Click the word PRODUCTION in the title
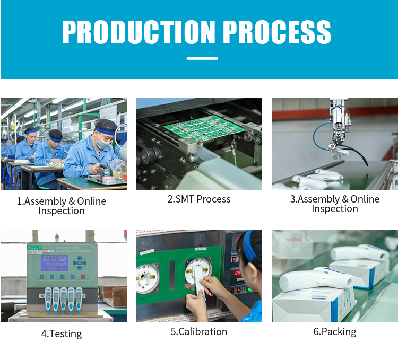[x=139, y=32]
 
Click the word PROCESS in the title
[x=277, y=32]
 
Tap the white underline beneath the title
[x=202, y=58]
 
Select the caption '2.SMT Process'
[x=199, y=199]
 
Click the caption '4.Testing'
[x=62, y=333]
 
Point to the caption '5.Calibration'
[x=199, y=331]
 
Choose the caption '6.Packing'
[x=335, y=332]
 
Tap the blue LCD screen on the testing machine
[x=55, y=262]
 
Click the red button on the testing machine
[x=82, y=276]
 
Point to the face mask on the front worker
[x=102, y=142]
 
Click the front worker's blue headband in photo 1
[x=106, y=131]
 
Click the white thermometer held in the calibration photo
[x=199, y=282]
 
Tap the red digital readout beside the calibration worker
[x=238, y=273]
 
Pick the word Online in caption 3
[x=365, y=199]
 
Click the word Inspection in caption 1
[x=62, y=211]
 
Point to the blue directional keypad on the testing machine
[x=80, y=262]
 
